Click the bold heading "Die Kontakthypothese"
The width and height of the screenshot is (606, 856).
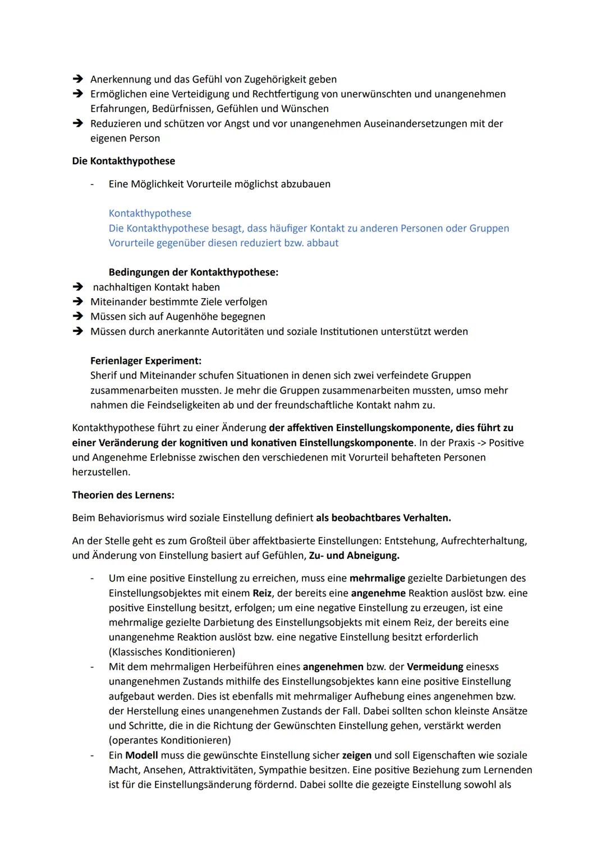point(123,161)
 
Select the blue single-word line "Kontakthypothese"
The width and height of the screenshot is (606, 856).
point(150,214)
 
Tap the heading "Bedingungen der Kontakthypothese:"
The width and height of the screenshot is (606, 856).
point(193,272)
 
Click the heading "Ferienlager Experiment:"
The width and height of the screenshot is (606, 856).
point(145,360)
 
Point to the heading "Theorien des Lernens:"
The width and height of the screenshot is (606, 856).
point(123,496)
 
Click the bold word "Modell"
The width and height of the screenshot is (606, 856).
point(141,755)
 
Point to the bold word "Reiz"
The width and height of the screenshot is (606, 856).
point(263,593)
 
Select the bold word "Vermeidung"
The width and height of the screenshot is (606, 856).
point(435,667)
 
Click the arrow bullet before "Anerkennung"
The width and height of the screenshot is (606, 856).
point(78,80)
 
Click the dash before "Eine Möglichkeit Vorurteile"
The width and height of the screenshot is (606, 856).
point(92,184)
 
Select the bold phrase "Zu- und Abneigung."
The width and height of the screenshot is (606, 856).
point(354,556)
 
